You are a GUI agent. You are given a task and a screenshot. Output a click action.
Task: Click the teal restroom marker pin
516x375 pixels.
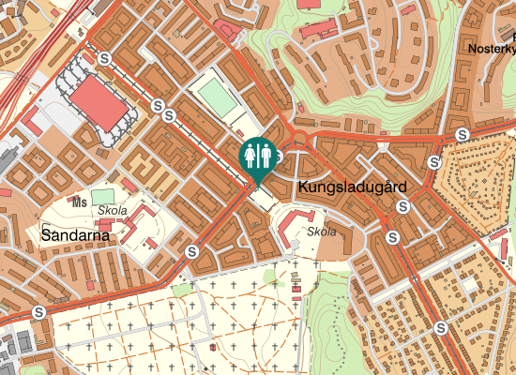pyautogui.click(x=257, y=157)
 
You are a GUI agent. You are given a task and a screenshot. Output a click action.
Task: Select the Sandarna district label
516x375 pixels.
pyautogui.click(x=75, y=235)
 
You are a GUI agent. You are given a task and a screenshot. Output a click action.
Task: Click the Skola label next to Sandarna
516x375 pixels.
pyautogui.click(x=112, y=212)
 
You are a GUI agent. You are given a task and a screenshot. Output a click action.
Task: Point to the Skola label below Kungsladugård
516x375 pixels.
pyautogui.click(x=322, y=231)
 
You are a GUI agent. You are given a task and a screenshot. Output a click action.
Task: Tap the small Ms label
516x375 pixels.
pyautogui.click(x=80, y=201)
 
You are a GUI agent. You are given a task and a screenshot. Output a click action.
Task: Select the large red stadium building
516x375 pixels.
pyautogui.click(x=99, y=103)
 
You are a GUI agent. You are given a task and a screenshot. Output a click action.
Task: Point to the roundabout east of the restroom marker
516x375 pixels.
pyautogui.click(x=301, y=141)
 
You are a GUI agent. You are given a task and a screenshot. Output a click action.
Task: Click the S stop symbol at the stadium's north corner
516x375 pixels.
pyautogui.click(x=105, y=58)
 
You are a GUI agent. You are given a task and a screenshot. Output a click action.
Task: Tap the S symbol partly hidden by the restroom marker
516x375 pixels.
pyautogui.click(x=278, y=156)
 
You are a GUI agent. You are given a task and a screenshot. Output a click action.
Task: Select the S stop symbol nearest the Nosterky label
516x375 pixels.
pyautogui.click(x=462, y=135)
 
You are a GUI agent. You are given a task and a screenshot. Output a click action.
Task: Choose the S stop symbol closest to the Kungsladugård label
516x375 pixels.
pyautogui.click(x=402, y=207)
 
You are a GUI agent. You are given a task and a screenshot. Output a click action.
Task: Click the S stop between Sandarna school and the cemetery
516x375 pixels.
pyautogui.click(x=192, y=252)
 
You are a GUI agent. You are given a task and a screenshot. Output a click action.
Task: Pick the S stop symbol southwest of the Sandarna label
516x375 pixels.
pyautogui.click(x=38, y=312)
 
